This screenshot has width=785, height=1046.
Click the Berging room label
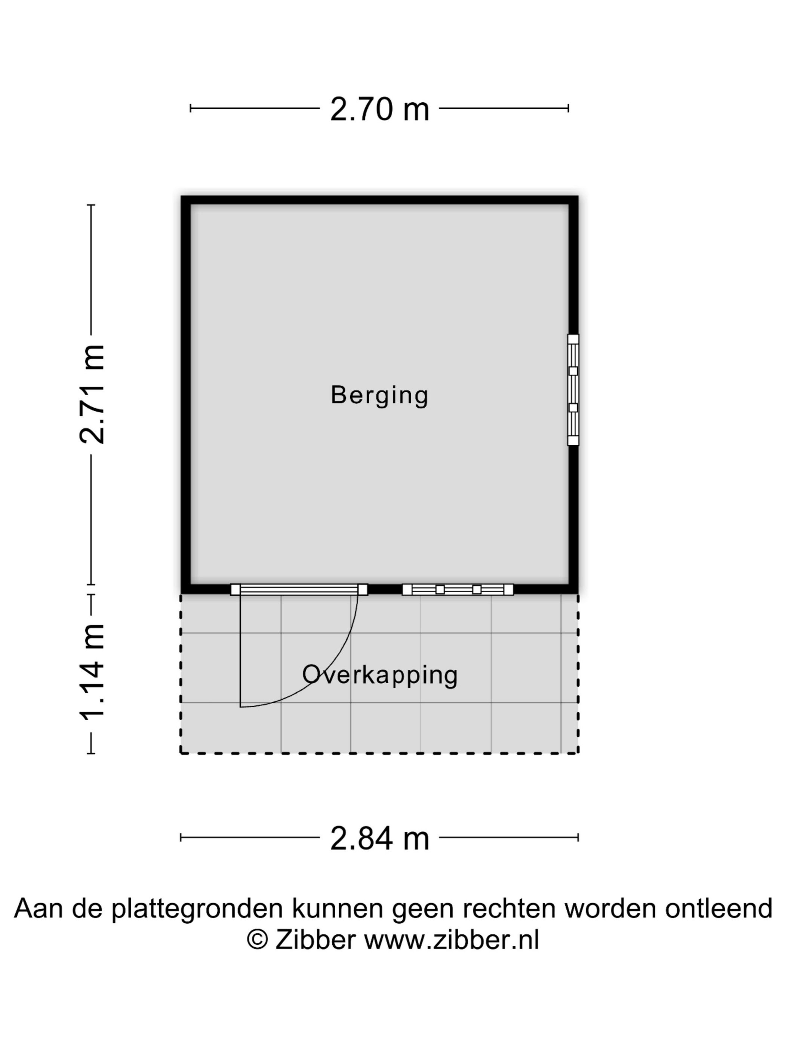(x=379, y=395)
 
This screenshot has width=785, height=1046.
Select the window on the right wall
(x=573, y=390)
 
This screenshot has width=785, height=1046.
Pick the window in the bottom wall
(x=458, y=589)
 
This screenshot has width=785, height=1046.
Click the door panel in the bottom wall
(x=299, y=589)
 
